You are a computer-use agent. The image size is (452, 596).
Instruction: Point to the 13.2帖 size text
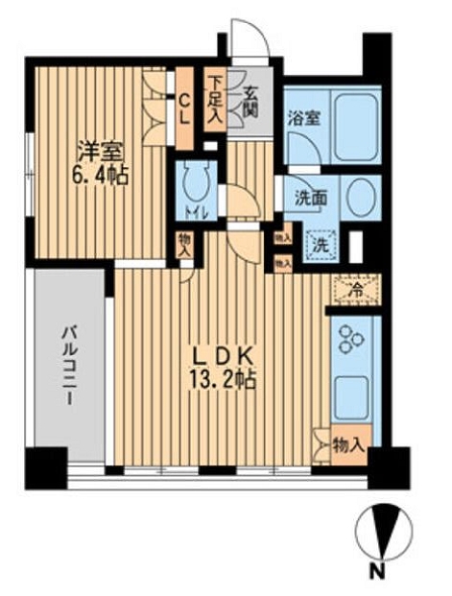click(x=222, y=381)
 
